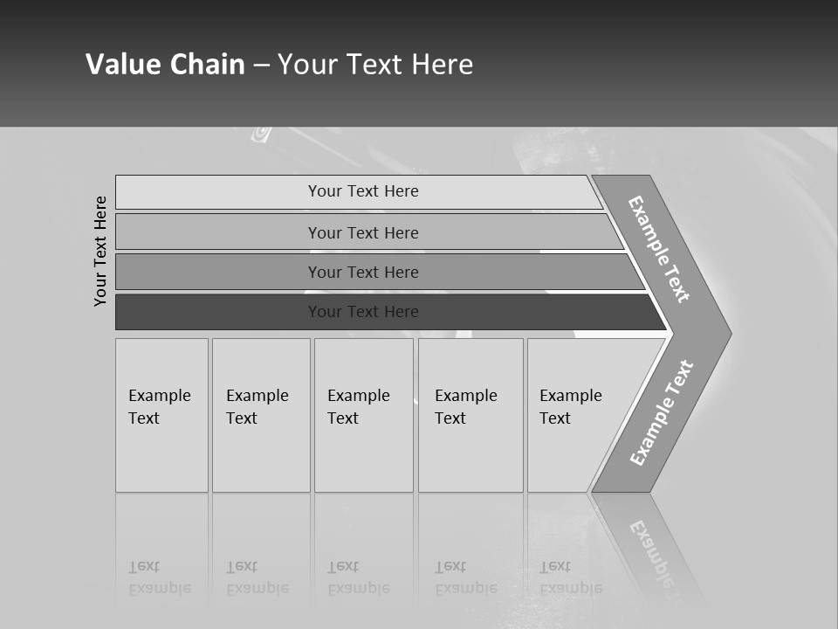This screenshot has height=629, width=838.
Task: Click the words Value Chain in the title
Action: [165, 65]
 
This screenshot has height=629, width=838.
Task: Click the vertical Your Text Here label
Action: [100, 251]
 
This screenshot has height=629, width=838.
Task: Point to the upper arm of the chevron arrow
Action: [660, 248]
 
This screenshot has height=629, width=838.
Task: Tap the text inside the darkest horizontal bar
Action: [363, 312]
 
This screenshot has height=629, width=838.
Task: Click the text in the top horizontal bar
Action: [363, 191]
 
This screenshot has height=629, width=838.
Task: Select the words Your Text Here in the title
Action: [375, 65]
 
